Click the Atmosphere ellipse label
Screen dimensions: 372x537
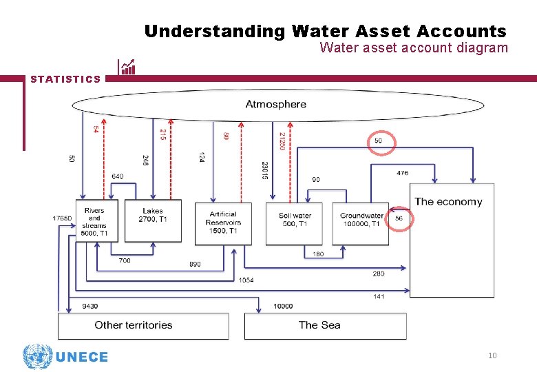click(276, 105)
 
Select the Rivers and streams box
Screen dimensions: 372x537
click(94, 221)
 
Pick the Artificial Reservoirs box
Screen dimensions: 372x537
click(223, 223)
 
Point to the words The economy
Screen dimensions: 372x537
click(448, 202)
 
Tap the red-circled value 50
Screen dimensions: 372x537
click(379, 141)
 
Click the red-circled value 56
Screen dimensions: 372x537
click(399, 218)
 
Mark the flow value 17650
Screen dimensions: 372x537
click(62, 218)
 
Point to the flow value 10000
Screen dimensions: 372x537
click(282, 306)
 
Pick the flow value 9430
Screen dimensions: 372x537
click(89, 306)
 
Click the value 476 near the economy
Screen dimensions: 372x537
click(402, 173)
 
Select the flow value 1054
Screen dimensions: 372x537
click(246, 280)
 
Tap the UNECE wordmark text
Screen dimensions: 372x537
click(81, 357)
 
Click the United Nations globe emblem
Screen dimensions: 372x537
click(37, 357)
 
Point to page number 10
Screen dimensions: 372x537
click(492, 355)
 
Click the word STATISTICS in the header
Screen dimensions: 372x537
click(65, 79)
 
